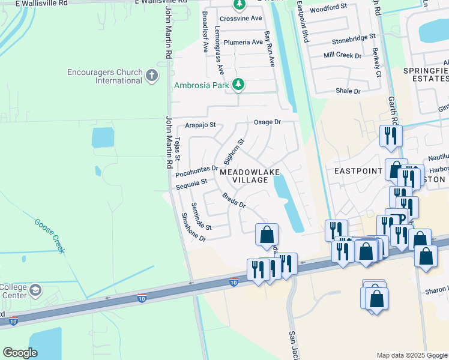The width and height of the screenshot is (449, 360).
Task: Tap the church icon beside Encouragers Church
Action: click(x=151, y=76)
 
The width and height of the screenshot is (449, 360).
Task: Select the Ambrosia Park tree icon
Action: click(x=239, y=85)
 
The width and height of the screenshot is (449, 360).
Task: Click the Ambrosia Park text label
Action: click(x=202, y=85)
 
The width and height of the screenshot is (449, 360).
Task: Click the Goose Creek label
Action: click(x=49, y=236)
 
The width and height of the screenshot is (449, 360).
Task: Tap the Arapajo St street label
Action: click(x=200, y=126)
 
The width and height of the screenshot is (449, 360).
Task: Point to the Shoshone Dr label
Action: click(x=193, y=228)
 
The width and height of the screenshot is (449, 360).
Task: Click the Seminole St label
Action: click(x=202, y=217)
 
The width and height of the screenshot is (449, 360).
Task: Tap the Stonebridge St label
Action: click(x=354, y=42)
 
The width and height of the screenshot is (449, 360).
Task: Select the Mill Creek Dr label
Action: click(x=342, y=55)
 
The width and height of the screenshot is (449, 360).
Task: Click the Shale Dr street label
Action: click(x=348, y=91)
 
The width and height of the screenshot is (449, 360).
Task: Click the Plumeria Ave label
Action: click(x=243, y=43)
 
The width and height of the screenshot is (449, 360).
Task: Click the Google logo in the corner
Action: click(x=20, y=353)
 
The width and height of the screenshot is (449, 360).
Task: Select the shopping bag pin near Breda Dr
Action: click(x=267, y=235)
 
